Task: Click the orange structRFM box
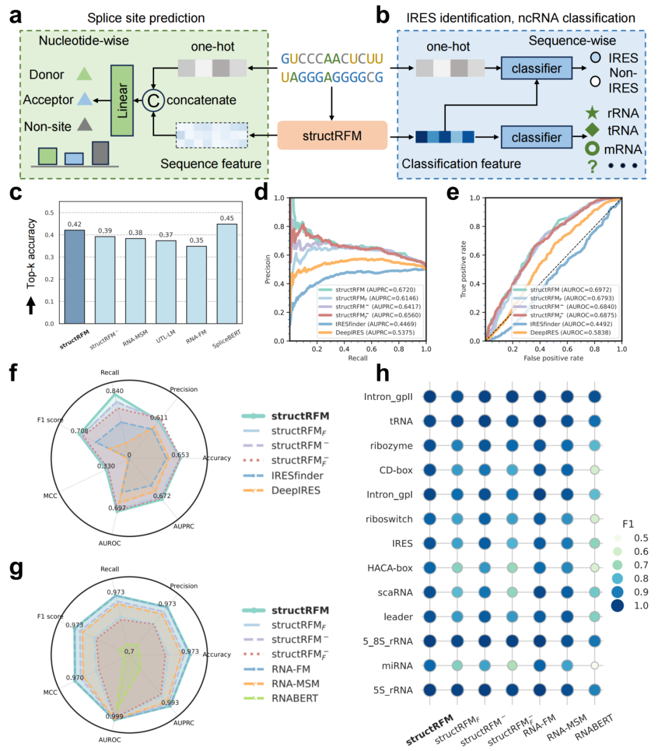(x=332, y=135)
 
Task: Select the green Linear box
(x=122, y=100)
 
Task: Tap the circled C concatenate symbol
(x=154, y=100)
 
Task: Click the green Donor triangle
(x=84, y=74)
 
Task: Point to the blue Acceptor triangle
(x=84, y=99)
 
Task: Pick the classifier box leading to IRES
(x=536, y=68)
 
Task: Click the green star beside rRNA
(x=592, y=113)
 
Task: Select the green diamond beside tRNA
(x=592, y=130)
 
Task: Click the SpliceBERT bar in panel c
(x=227, y=274)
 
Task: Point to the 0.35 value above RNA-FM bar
(x=196, y=240)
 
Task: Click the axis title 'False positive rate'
(x=553, y=358)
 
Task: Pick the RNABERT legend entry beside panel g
(x=295, y=698)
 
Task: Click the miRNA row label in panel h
(x=398, y=666)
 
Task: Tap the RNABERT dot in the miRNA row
(x=595, y=666)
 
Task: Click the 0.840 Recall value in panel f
(x=115, y=391)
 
